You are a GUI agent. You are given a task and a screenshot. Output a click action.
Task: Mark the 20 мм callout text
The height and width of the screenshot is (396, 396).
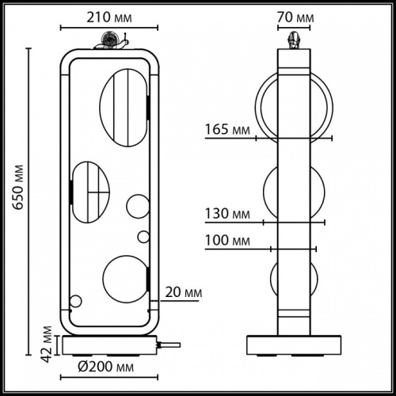tap(181, 292)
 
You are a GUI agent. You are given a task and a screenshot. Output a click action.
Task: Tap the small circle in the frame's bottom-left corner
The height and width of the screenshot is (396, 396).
tap(76, 301)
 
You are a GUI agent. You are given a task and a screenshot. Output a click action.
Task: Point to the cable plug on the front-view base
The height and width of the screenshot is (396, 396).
tap(168, 345)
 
